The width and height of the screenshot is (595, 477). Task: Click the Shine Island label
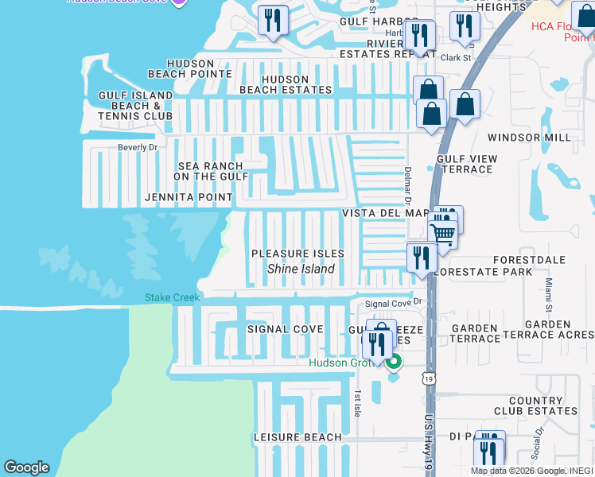(x=301, y=269)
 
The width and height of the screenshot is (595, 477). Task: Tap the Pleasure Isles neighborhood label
(x=297, y=254)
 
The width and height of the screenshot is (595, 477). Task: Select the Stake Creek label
(x=172, y=298)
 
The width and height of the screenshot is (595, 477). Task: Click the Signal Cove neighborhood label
(x=285, y=329)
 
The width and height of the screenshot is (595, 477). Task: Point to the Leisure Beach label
(x=297, y=437)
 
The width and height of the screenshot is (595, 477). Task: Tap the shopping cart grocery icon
(x=443, y=233)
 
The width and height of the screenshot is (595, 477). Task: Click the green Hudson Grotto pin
(x=393, y=363)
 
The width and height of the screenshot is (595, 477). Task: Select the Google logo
(x=26, y=467)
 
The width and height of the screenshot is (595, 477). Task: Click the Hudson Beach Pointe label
(x=200, y=68)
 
